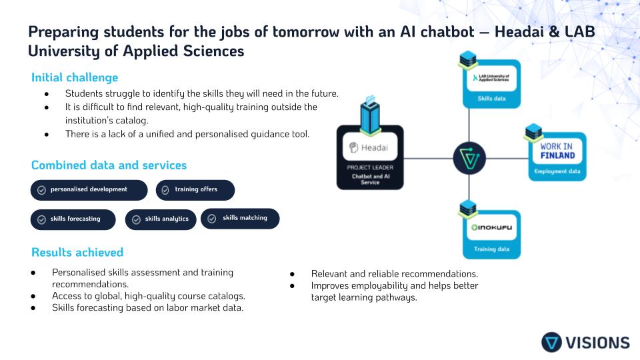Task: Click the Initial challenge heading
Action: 75,77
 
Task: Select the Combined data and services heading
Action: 109,165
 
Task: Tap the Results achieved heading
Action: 77,252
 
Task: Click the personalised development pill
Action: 89,190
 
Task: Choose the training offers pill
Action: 195,190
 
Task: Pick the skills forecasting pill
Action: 73,219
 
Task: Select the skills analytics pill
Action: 161,219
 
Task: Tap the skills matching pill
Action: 240,218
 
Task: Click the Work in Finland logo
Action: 557,151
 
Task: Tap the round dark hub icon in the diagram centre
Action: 469,159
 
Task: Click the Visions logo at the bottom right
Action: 585,342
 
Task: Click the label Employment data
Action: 557,172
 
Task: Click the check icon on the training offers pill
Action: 166,190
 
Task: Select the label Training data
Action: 492,249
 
